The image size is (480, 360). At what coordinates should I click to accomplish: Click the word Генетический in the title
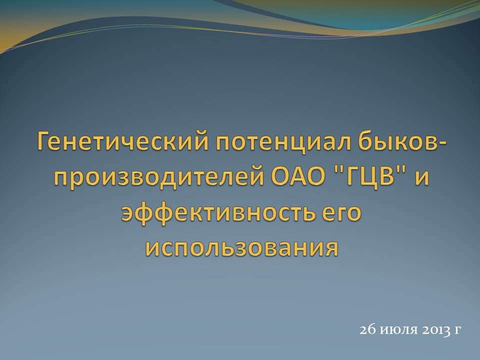coord(122,141)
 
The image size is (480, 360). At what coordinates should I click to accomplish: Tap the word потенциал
coord(283,142)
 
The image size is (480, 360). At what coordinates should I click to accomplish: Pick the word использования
coord(242,248)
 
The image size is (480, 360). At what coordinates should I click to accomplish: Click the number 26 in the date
coord(367,329)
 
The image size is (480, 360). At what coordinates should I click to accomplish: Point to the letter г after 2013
coord(457,331)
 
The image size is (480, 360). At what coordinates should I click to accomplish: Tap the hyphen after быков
coord(442,144)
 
